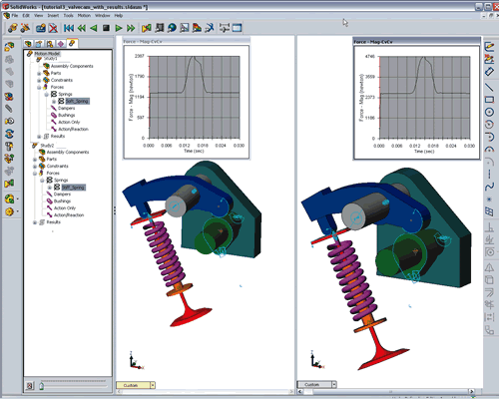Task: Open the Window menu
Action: (x=102, y=16)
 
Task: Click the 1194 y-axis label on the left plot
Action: (x=141, y=96)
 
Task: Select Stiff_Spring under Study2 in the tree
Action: (x=73, y=187)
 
